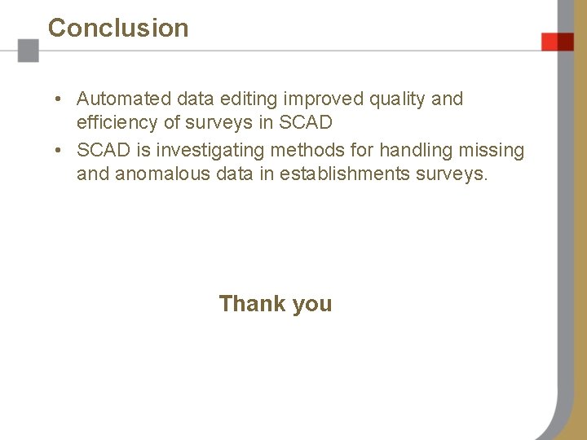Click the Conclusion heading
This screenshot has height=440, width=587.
pos(118,28)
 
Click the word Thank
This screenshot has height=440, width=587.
pos(252,304)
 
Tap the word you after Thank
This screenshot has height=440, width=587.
pos(312,305)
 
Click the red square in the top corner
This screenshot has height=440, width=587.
pos(558,42)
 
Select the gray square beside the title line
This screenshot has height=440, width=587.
pos(29,51)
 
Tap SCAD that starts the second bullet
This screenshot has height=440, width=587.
pos(104,150)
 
